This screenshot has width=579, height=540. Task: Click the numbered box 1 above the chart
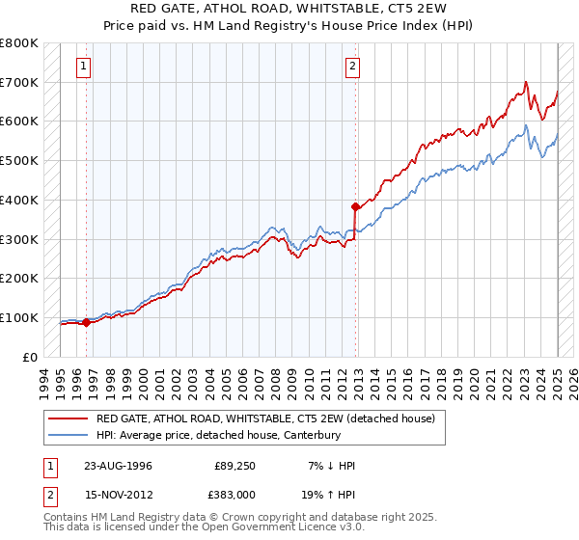point(84,67)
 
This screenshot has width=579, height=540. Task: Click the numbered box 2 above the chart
point(352,67)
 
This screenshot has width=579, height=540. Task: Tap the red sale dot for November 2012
point(355,206)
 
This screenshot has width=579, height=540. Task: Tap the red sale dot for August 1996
point(86,322)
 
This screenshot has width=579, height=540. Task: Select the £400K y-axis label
point(20,200)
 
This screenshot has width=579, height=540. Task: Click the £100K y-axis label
point(20,317)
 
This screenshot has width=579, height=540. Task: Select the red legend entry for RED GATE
point(265,418)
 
